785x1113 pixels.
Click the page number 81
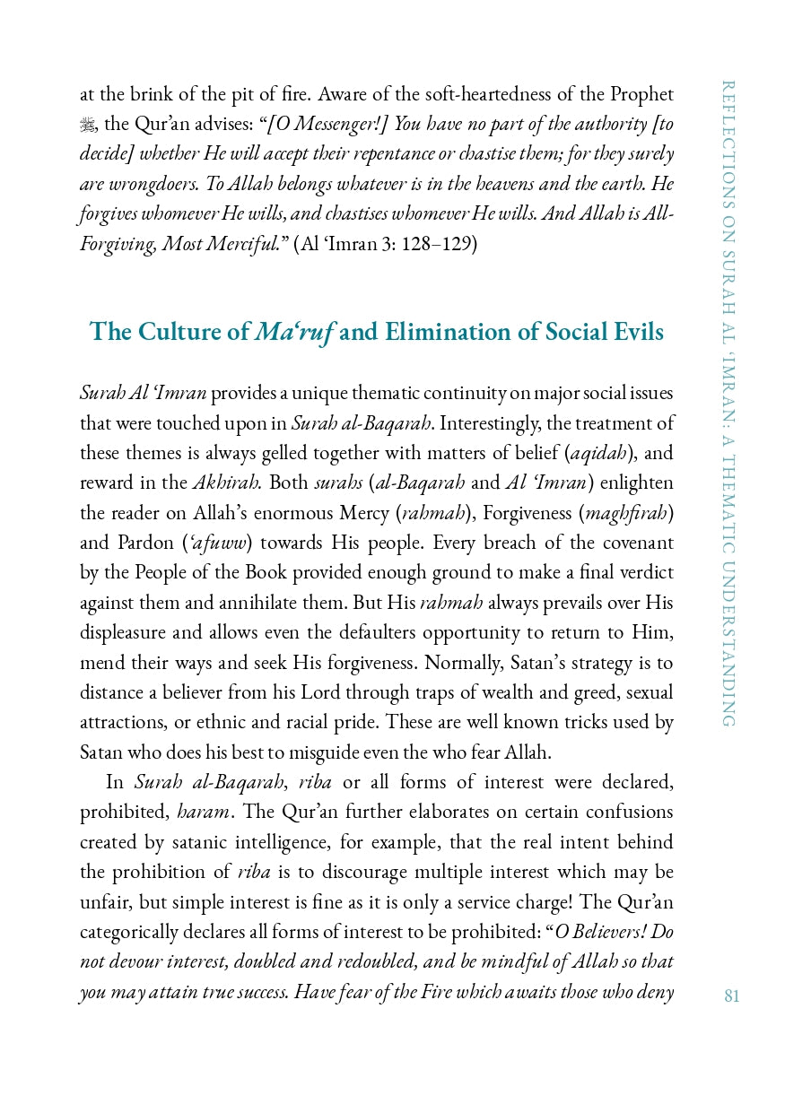[731, 996]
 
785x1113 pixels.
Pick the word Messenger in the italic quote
[331, 125]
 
